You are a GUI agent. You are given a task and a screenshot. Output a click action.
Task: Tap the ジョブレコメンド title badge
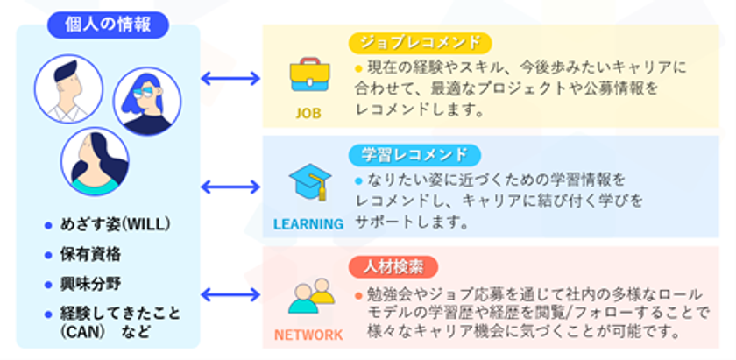point(420,43)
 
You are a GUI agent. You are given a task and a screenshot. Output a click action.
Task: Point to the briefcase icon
point(308,76)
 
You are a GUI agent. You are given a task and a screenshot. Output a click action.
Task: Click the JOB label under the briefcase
point(308,113)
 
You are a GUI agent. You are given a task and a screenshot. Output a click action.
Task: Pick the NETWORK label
point(308,335)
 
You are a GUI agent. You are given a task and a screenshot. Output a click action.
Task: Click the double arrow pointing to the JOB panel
point(230,79)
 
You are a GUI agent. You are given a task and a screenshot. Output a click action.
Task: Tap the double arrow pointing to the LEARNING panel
point(230,187)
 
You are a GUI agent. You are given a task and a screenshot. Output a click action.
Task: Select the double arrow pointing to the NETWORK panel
point(230,295)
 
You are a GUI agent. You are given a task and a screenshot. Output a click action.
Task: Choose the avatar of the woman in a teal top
point(95,163)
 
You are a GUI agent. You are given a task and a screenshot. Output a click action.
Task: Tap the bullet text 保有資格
point(90,254)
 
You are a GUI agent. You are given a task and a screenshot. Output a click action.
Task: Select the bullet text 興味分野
point(90,284)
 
